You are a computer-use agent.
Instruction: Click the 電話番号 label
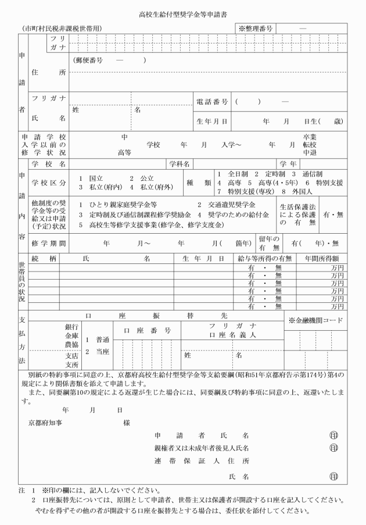point(211,102)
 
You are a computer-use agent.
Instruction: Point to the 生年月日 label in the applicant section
point(211,122)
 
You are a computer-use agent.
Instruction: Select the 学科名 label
point(180,164)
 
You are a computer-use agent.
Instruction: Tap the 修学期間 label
point(49,243)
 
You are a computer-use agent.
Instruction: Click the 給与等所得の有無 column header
point(264,258)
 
